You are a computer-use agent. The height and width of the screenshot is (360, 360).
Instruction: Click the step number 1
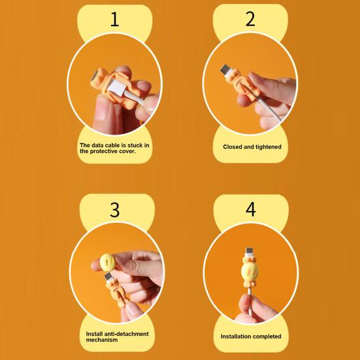(x=115, y=19)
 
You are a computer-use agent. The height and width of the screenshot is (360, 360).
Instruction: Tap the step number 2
(x=250, y=19)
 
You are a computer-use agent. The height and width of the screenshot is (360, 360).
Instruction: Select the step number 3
(x=115, y=210)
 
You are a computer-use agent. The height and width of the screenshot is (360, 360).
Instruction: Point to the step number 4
(x=251, y=209)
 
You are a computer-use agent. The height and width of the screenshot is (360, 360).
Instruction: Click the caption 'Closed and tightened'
(x=252, y=147)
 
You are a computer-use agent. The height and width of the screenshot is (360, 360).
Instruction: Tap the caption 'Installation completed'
(x=251, y=336)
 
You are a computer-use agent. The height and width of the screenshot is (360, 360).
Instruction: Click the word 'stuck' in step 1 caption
(x=135, y=145)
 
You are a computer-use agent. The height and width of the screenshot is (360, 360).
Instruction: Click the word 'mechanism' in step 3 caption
(x=102, y=340)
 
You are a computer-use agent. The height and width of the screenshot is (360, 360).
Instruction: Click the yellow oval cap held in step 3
(x=107, y=262)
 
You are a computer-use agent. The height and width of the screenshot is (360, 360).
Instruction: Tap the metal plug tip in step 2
(x=225, y=69)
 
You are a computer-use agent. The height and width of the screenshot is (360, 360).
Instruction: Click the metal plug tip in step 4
(x=249, y=252)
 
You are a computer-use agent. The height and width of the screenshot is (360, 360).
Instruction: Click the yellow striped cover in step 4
(x=250, y=272)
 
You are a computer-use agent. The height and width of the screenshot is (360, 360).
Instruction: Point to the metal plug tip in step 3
(x=109, y=276)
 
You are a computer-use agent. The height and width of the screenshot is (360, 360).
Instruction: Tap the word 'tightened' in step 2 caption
(x=268, y=147)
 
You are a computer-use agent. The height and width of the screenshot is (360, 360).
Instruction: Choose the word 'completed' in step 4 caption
(x=267, y=336)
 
